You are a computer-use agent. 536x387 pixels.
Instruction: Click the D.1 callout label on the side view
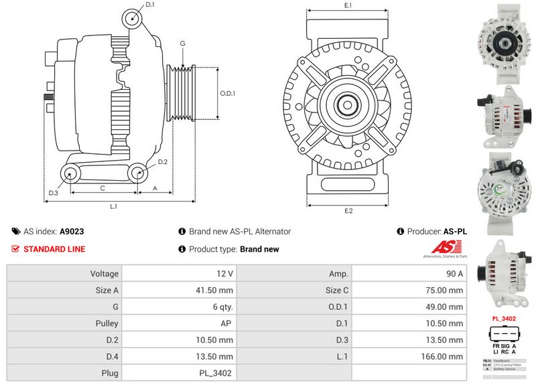click(150, 5)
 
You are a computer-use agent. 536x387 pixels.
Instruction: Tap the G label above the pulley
click(182, 44)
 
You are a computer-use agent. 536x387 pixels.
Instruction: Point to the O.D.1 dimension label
click(228, 94)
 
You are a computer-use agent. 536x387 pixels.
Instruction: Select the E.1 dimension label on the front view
click(348, 5)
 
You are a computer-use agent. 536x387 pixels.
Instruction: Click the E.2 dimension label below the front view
click(348, 212)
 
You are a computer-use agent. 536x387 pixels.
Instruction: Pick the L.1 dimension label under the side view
click(114, 206)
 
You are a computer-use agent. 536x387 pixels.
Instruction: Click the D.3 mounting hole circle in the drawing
click(70, 174)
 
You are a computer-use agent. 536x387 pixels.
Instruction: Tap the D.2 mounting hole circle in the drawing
click(137, 173)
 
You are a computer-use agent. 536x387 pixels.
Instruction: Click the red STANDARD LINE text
click(54, 249)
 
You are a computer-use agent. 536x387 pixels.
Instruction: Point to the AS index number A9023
click(72, 231)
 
